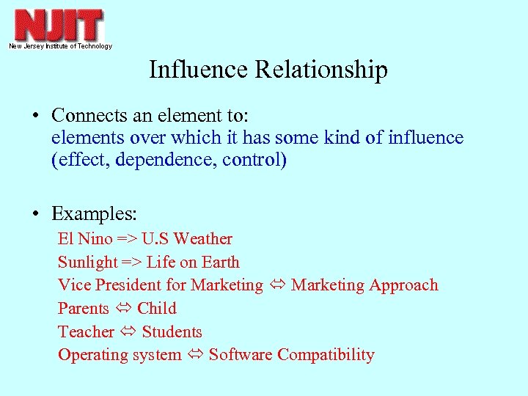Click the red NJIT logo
59,26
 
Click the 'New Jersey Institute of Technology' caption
60,46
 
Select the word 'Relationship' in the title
320,70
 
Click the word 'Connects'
82,115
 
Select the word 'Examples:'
94,214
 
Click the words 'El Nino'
85,239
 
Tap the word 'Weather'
203,239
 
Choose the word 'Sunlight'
87,263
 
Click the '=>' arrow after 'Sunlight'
132,263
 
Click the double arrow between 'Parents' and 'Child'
123,309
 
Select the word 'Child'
156,309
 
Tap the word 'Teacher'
86,332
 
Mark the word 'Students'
172,332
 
